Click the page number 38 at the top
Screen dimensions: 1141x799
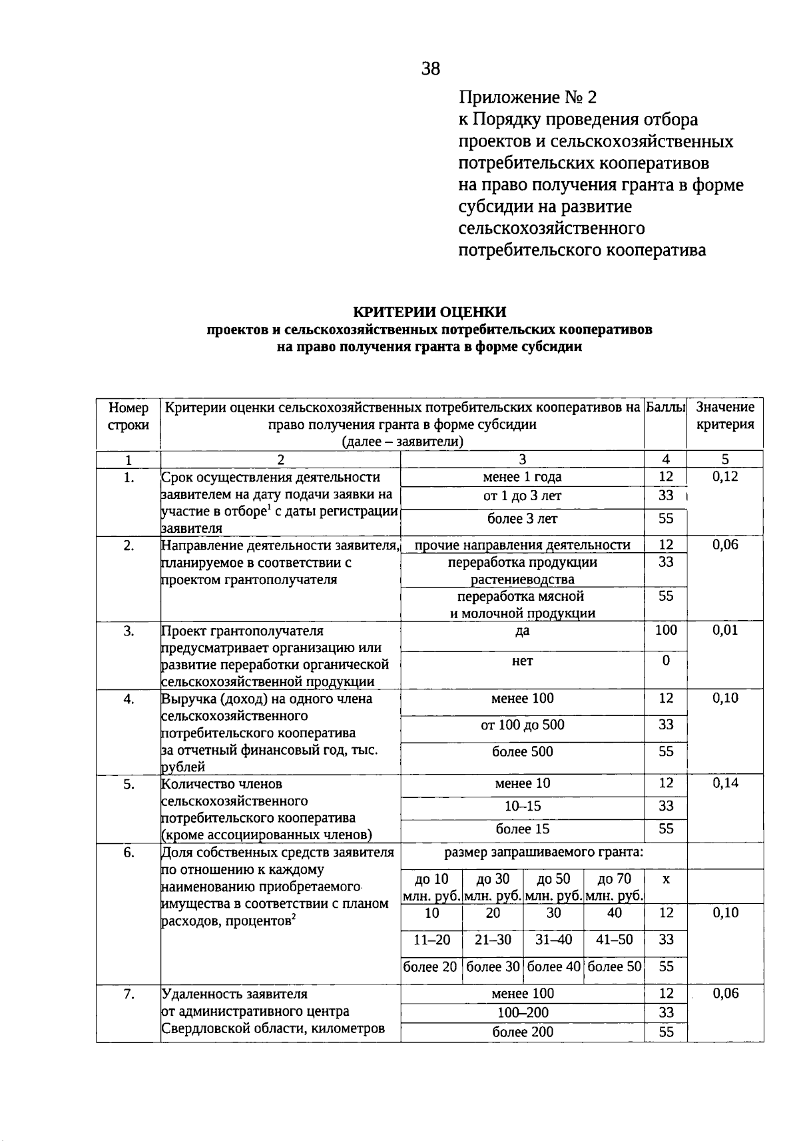431,69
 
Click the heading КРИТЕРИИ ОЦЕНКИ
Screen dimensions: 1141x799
429,312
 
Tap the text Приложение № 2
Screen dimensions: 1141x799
528,98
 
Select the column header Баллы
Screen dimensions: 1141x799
665,407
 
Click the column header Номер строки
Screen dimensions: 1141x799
129,416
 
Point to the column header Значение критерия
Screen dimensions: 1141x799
725,416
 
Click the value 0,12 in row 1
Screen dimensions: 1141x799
725,477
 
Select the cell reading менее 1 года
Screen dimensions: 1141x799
522,477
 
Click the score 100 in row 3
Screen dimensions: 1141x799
666,630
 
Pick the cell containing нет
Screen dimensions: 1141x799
522,661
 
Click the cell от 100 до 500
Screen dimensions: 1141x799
522,725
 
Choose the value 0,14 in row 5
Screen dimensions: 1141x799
725,783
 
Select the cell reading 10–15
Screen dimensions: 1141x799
522,807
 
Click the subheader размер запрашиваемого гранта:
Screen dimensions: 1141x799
544,853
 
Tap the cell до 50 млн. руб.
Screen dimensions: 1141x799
554,887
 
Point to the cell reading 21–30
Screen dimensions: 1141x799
493,940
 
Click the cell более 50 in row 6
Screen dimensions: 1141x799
615,967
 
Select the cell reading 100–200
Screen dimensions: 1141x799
522,1013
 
